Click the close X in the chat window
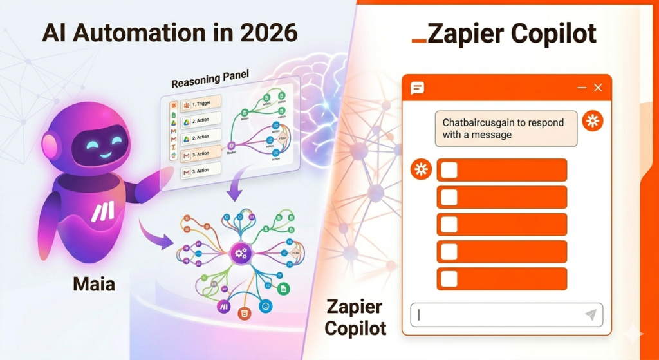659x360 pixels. coord(598,88)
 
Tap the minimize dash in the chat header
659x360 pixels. coord(582,88)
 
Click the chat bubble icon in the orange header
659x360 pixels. coord(418,88)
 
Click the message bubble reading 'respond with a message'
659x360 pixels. coord(506,128)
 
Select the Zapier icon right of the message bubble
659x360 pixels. coord(592,121)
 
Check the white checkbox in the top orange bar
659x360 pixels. coord(449,170)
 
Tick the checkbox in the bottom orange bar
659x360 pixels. coord(449,279)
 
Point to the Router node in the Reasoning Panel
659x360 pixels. coord(230,147)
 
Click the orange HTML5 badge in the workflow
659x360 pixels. coord(244,314)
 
